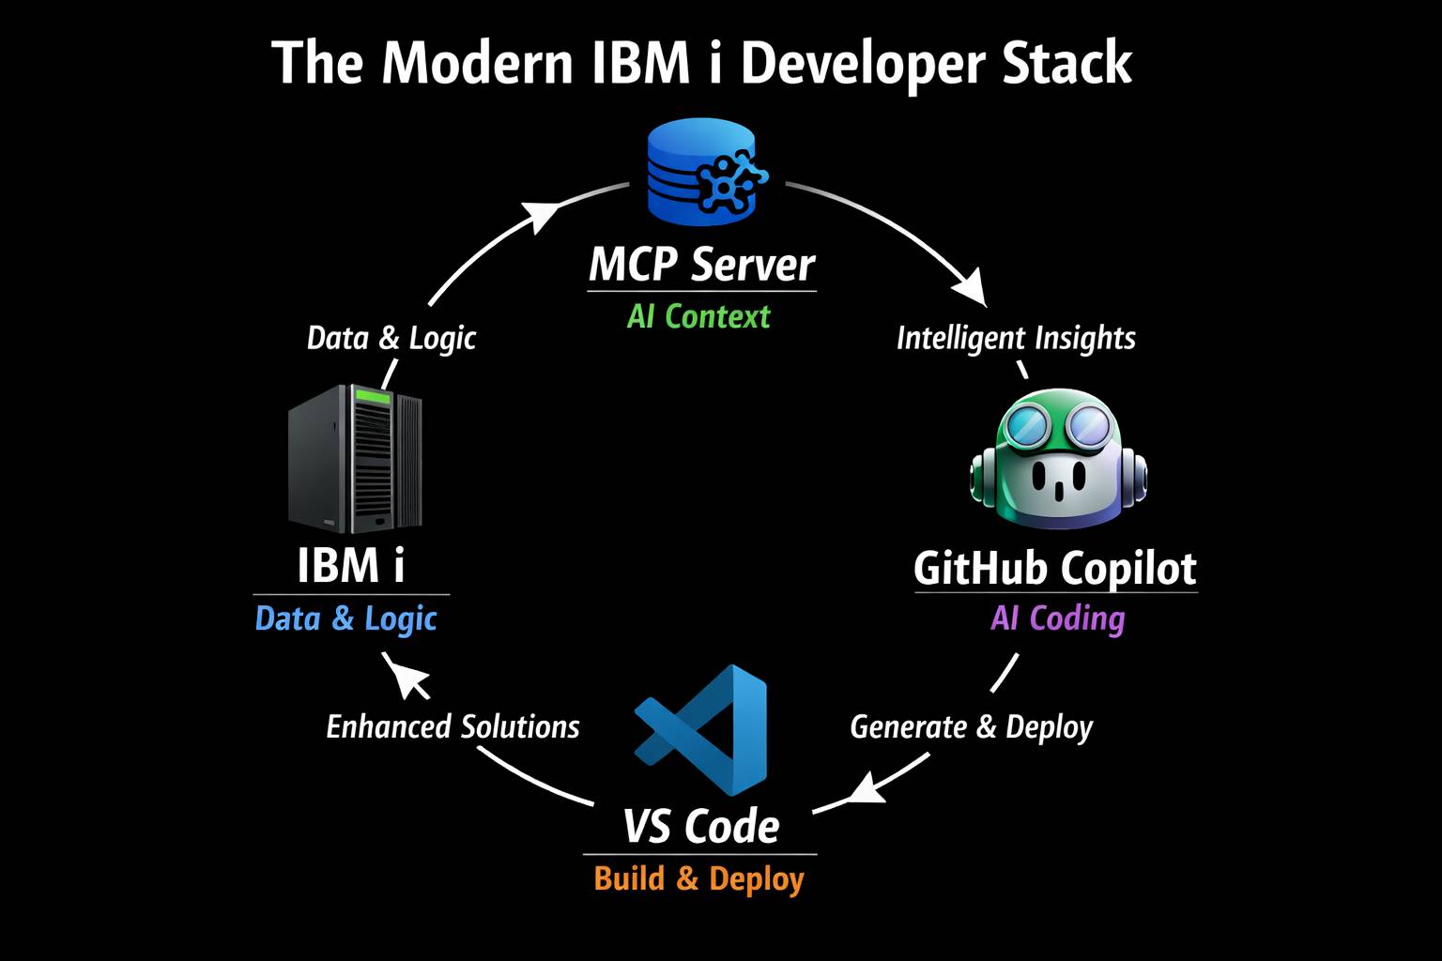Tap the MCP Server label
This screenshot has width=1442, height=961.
[701, 265]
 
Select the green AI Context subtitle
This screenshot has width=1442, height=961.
[698, 316]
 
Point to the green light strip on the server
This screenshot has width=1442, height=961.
[371, 398]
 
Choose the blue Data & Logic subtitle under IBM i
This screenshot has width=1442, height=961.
[346, 618]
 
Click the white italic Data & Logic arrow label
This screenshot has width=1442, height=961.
[391, 338]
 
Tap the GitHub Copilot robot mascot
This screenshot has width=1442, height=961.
[1057, 460]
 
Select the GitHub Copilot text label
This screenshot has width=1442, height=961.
[1055, 568]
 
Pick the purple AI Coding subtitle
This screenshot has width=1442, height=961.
[1057, 618]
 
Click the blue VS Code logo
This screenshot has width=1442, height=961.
[702, 728]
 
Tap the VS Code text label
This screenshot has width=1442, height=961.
[701, 826]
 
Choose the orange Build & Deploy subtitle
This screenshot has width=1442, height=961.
[699, 878]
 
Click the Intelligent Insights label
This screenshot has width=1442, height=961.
[1016, 338]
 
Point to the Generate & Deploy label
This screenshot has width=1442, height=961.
[972, 726]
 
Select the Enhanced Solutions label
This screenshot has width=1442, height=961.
[453, 726]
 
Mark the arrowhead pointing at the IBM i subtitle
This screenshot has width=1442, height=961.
[404, 675]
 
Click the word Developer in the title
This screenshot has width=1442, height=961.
[851, 64]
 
